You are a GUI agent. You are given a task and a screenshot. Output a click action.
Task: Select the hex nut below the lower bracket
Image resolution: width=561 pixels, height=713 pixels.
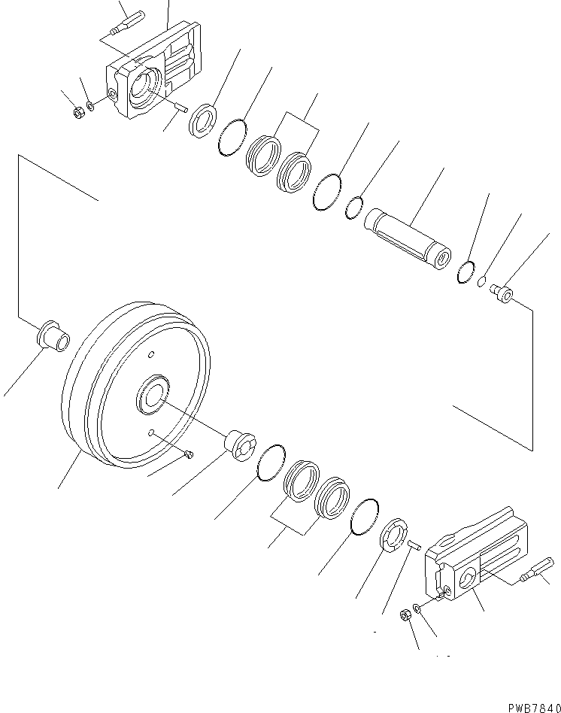pyautogui.click(x=404, y=614)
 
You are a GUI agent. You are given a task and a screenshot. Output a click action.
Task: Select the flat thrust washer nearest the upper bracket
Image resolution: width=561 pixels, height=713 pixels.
pyautogui.click(x=203, y=120)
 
